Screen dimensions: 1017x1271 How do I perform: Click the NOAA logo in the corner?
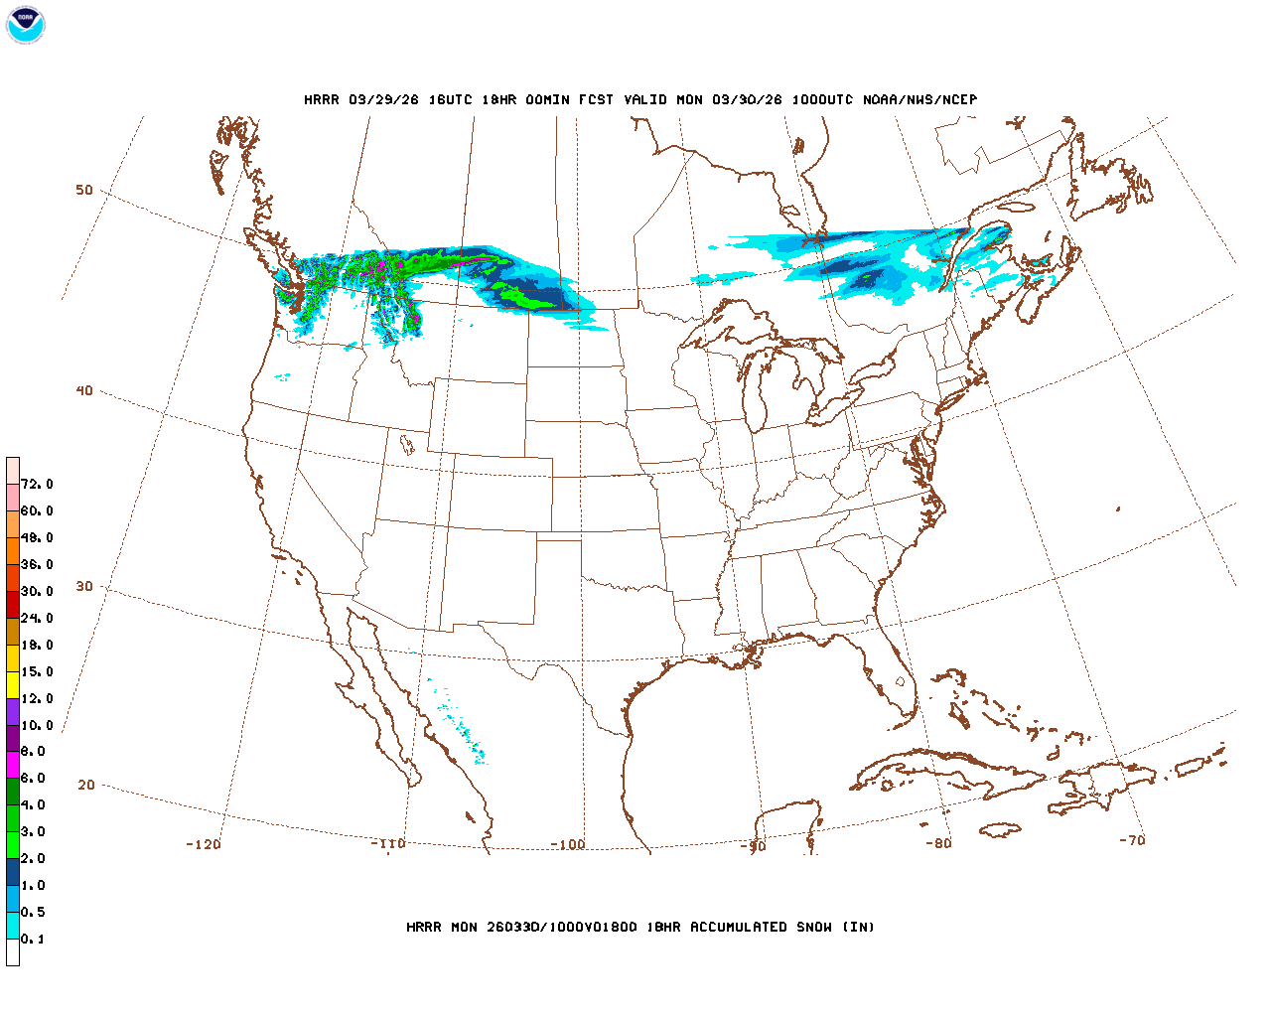[25, 25]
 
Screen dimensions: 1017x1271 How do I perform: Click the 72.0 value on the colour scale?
[37, 485]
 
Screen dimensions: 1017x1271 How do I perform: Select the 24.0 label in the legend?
[37, 619]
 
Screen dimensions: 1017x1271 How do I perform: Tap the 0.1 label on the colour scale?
[33, 940]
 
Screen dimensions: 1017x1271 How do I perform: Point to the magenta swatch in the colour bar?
[13, 765]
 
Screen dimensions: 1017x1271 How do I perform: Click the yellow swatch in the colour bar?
[13, 684]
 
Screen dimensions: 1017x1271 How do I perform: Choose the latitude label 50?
[84, 191]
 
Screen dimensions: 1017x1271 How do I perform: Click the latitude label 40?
[84, 391]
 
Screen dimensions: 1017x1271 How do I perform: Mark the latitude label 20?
[86, 786]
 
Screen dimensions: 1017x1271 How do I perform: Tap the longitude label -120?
[204, 845]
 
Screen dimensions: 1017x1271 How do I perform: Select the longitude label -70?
[1132, 840]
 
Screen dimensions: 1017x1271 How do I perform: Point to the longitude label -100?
[568, 845]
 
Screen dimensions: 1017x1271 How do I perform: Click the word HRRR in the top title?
[322, 100]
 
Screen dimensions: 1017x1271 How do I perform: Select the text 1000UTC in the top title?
[821, 100]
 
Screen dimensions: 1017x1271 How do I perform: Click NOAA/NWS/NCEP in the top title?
[920, 100]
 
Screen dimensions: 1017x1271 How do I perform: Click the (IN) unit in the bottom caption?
[859, 928]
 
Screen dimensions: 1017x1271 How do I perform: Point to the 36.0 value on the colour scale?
[37, 565]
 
